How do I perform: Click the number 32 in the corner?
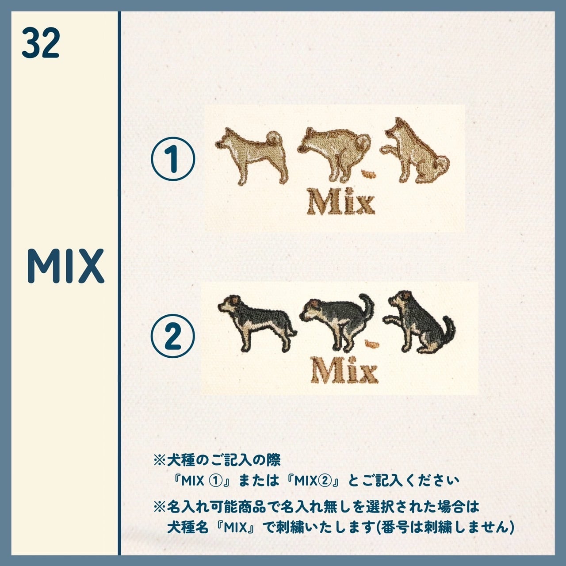pyautogui.click(x=41, y=43)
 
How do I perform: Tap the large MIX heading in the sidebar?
pyautogui.click(x=65, y=266)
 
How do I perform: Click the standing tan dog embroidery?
pyautogui.click(x=252, y=156)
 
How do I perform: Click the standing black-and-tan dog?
pyautogui.click(x=257, y=323)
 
